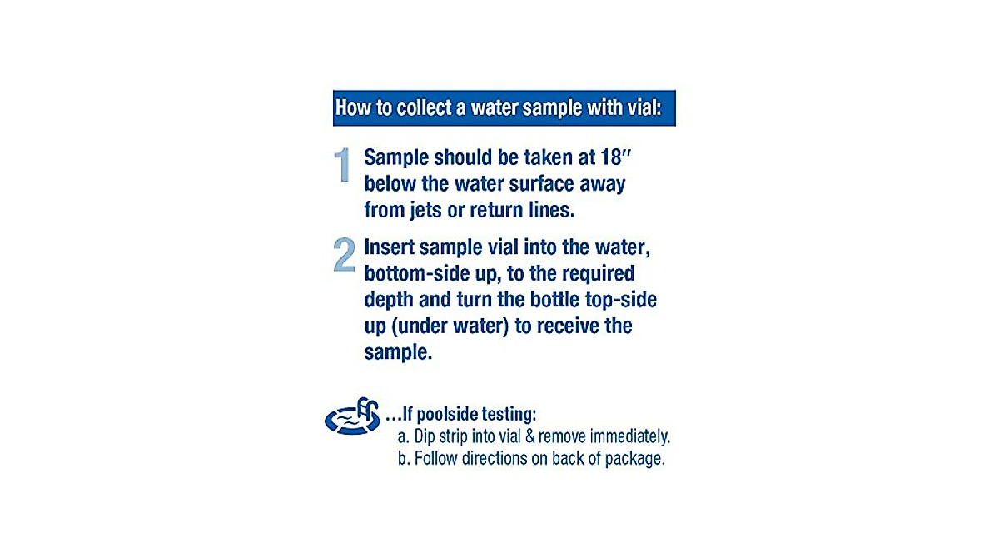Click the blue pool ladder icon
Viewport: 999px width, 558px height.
[x=352, y=417]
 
